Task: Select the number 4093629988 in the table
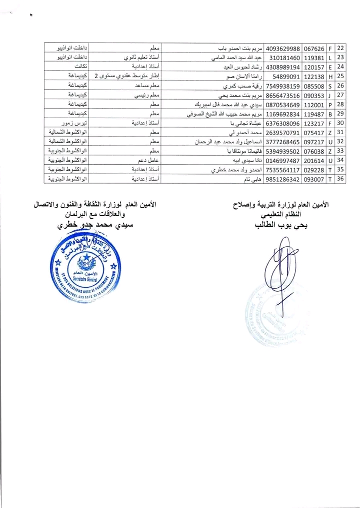281,49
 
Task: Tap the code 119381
314,58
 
